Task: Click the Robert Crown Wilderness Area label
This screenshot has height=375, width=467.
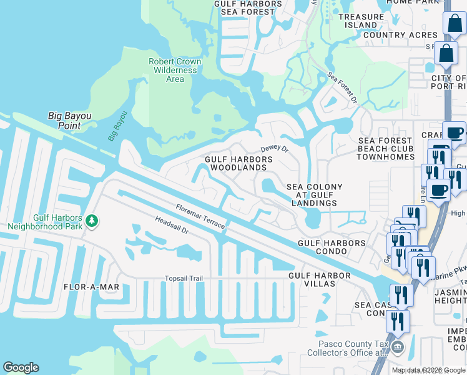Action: [175, 70]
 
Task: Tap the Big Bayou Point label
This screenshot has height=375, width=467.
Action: [69, 121]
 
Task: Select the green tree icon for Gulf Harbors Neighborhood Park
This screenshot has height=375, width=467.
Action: [92, 221]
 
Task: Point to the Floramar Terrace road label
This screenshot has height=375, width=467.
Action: [200, 216]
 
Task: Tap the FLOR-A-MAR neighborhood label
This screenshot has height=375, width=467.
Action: [91, 287]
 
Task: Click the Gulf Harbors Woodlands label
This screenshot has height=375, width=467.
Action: [239, 164]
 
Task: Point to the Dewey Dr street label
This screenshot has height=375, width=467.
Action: [274, 149]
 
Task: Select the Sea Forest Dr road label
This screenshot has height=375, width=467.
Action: [343, 87]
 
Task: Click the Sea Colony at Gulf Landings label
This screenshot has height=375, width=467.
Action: [314, 195]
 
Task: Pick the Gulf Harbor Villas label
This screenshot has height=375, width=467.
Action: [311, 279]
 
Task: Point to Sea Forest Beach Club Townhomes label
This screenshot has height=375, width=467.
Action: [385, 149]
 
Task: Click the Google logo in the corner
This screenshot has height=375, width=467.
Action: [21, 367]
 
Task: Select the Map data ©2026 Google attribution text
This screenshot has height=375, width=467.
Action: [428, 370]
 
